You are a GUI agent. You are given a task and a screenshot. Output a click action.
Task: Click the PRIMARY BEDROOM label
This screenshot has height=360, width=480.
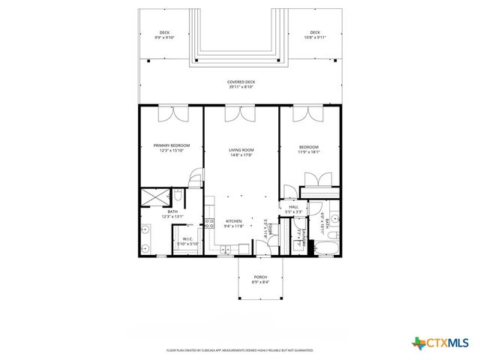(x=172, y=145)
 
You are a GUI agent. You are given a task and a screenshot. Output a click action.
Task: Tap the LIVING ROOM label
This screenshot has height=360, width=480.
(x=241, y=150)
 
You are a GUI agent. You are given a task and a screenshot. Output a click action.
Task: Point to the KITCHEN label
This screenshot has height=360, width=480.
(x=234, y=221)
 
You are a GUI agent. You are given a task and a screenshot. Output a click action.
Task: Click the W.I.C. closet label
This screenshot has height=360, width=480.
(x=188, y=239)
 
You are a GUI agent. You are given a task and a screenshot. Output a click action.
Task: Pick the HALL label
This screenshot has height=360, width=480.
(x=294, y=207)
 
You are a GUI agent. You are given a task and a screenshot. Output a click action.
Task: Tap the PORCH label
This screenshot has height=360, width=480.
(x=260, y=277)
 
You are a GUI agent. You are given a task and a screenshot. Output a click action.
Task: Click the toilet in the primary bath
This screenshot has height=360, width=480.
(x=178, y=196)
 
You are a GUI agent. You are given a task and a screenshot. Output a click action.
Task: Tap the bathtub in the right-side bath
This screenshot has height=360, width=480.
(x=328, y=248)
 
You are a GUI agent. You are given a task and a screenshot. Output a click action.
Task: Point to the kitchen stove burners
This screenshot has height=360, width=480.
(x=210, y=223)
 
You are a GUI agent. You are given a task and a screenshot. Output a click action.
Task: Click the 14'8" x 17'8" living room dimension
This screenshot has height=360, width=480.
(x=241, y=155)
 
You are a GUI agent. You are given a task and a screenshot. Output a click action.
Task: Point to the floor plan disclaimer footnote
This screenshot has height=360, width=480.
(x=239, y=350)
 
